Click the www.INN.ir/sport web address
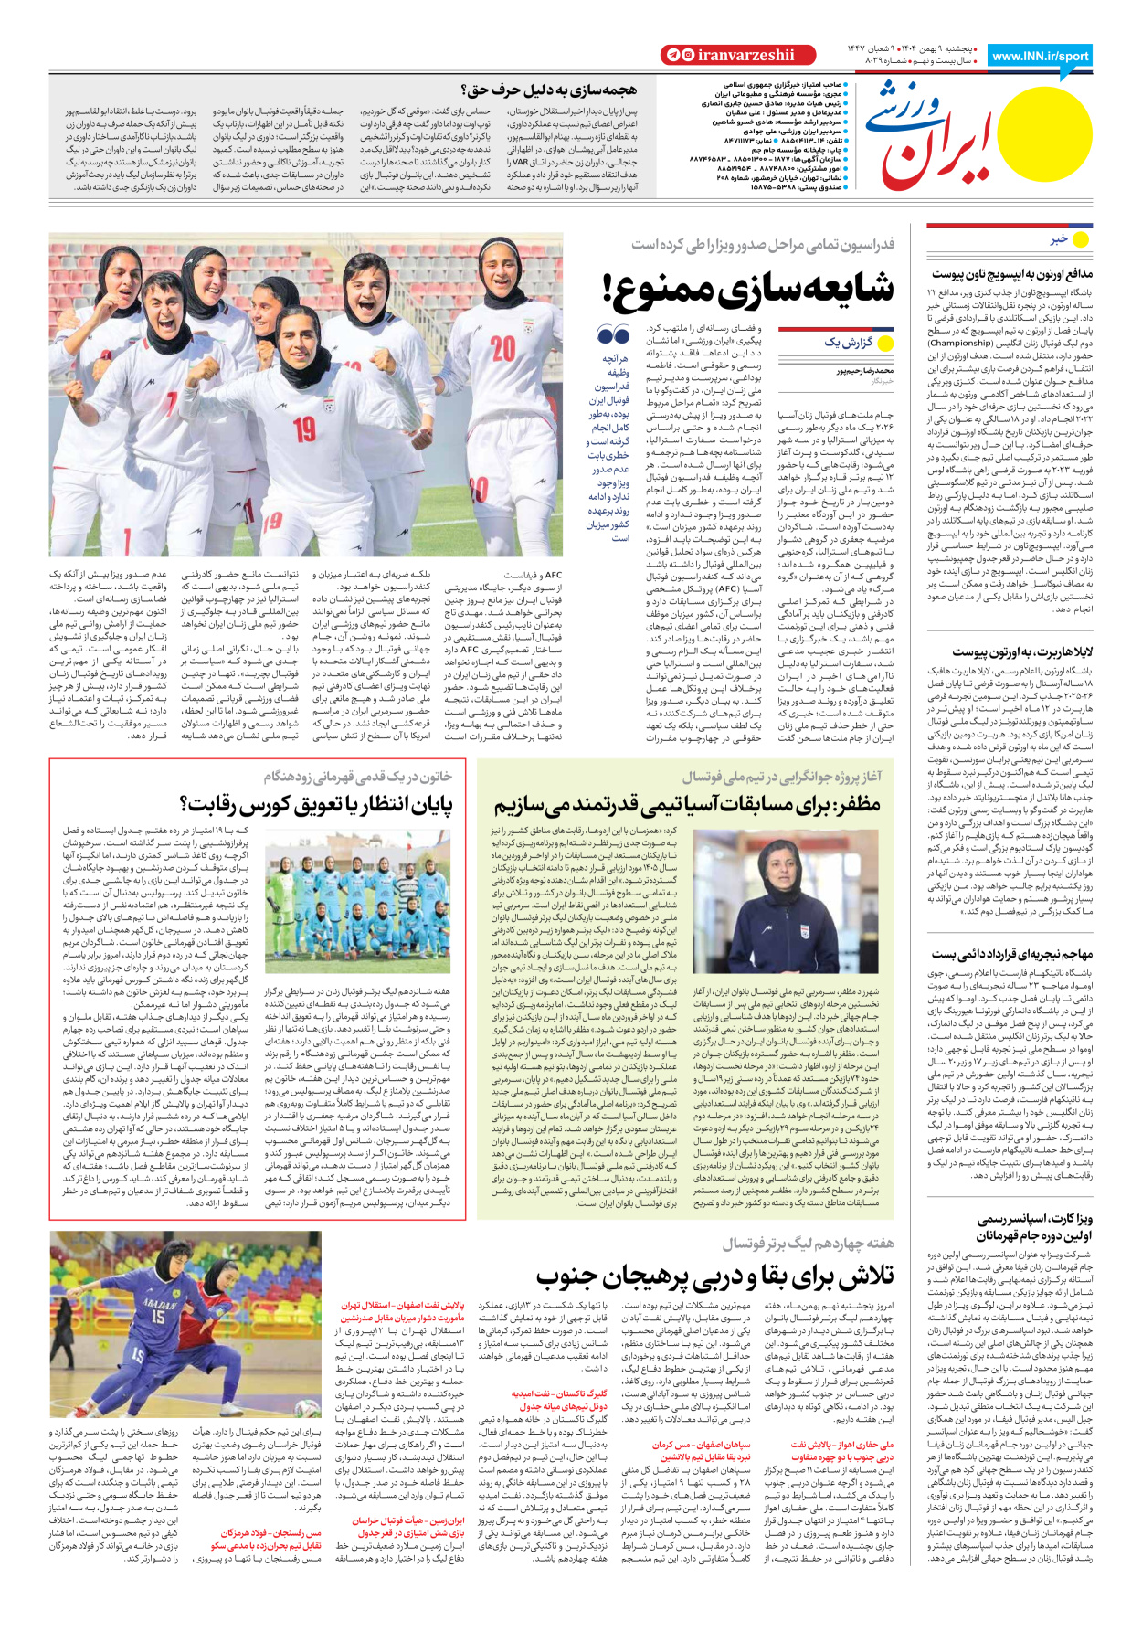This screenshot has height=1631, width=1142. [x=1040, y=56]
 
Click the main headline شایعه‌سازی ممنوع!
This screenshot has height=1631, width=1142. [x=747, y=289]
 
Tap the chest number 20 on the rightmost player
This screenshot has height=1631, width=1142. [x=502, y=348]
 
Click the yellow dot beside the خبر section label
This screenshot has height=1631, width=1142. [x=1082, y=239]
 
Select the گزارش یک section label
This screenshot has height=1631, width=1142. [x=849, y=343]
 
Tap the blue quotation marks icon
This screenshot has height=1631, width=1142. [x=613, y=334]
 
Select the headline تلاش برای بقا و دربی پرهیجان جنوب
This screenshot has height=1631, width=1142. [x=714, y=1276]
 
